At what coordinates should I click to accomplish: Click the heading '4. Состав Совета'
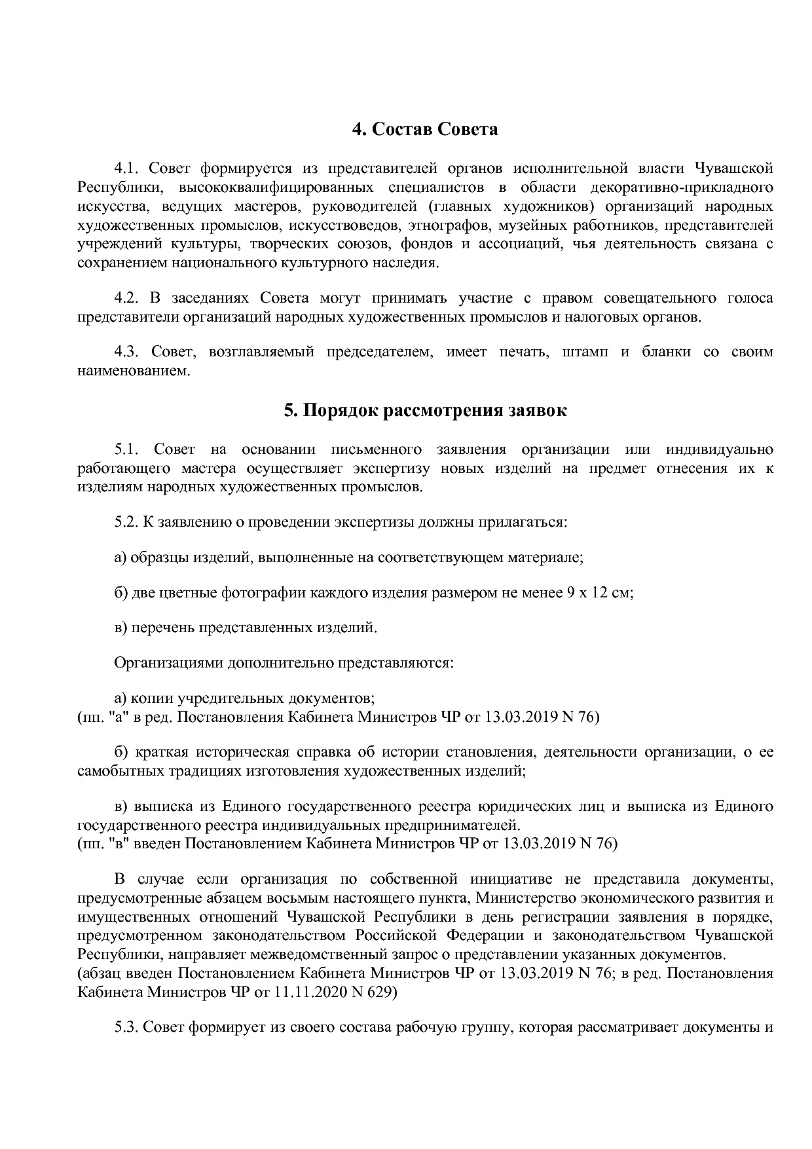point(425,129)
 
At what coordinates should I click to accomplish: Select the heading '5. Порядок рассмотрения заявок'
point(425,411)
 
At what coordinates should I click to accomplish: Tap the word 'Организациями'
point(168,663)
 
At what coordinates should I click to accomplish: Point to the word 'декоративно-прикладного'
point(681,188)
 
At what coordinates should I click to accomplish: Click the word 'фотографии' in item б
point(264,593)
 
